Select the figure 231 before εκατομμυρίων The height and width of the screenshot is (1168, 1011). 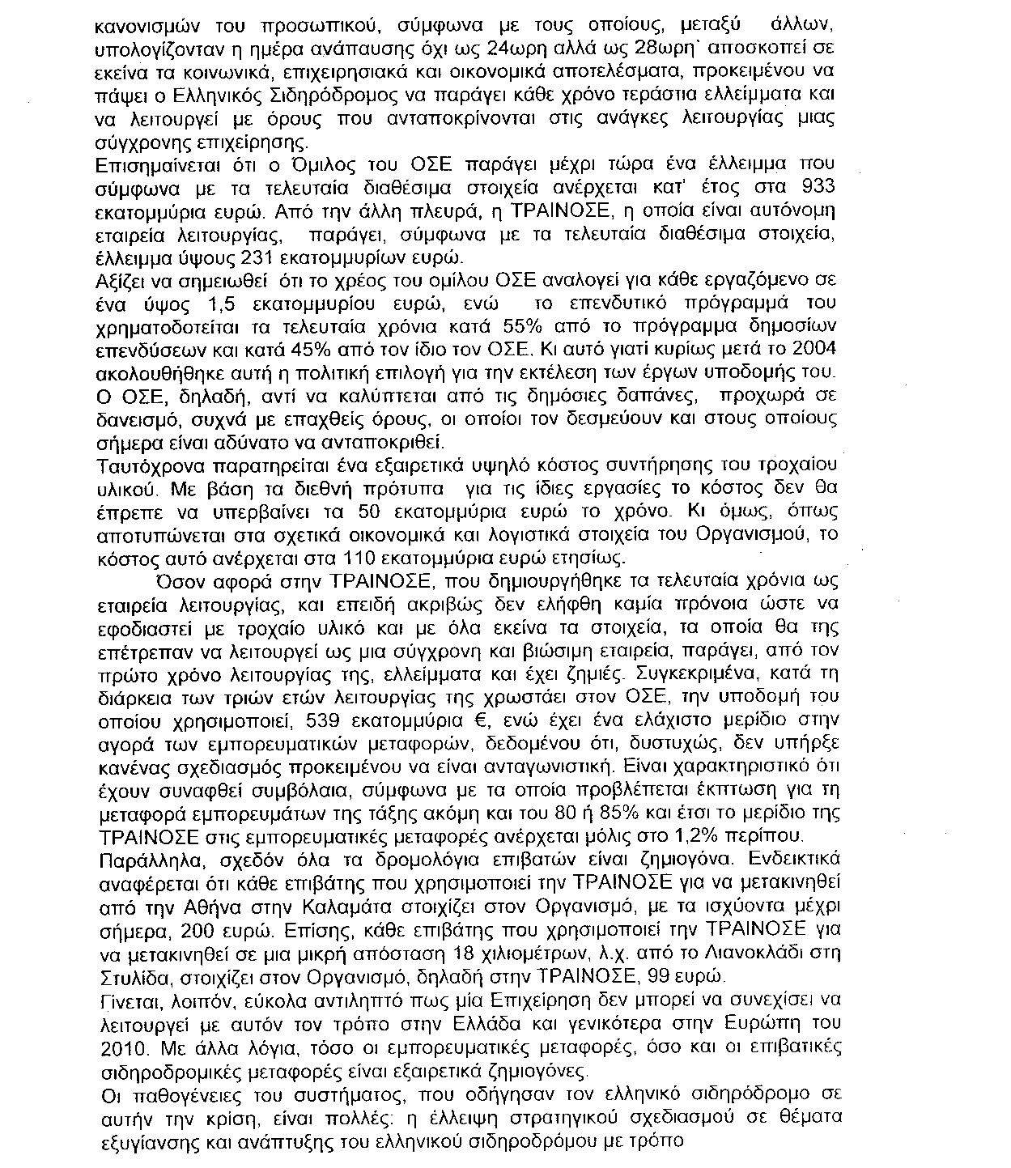[x=261, y=258]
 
